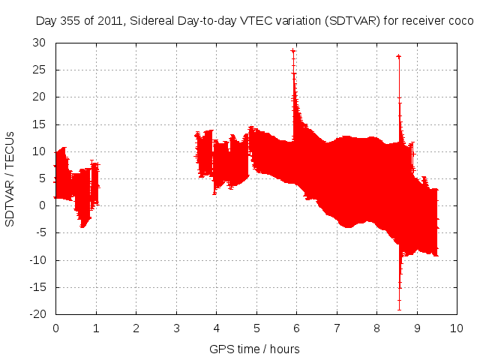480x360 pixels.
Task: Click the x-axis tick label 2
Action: (x=136, y=328)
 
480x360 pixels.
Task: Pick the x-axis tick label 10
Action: (x=457, y=328)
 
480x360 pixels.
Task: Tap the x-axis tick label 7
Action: (x=337, y=328)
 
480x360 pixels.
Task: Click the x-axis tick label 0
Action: (x=55, y=328)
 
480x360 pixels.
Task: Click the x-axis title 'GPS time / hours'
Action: (x=256, y=349)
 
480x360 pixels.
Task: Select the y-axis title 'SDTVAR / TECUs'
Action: (x=10, y=178)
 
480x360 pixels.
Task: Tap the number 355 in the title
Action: (x=71, y=20)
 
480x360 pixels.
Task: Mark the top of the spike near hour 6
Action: (x=293, y=51)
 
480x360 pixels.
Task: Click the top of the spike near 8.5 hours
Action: (x=398, y=56)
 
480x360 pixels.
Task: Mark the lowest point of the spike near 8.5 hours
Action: (x=399, y=309)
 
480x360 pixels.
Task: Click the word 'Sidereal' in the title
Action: (x=152, y=20)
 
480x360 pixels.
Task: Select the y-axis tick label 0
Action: (x=44, y=205)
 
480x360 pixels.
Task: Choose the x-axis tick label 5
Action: (x=256, y=328)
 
